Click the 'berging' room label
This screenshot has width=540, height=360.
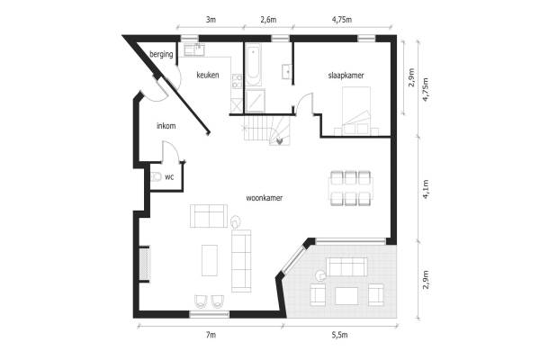161,54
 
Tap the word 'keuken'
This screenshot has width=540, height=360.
208,75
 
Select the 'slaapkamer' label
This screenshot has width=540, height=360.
346,75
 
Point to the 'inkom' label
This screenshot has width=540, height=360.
166,126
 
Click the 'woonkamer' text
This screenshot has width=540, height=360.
265,198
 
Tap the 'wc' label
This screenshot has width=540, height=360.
169,177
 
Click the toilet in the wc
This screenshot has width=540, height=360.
156,176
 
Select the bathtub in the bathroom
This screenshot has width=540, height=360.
253,65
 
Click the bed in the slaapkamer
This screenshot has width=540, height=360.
356,109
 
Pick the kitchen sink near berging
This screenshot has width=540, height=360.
194,50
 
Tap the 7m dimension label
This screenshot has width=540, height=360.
211,335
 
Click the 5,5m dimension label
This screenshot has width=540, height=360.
339,335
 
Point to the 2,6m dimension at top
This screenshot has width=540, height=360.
268,20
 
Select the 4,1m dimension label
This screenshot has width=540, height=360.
426,189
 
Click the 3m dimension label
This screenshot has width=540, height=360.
211,20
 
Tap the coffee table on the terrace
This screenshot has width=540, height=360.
346,296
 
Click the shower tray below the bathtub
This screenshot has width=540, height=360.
256,101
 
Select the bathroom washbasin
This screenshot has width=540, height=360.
286,72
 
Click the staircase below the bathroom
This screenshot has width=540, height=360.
267,130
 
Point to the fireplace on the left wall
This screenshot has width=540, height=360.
144,264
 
